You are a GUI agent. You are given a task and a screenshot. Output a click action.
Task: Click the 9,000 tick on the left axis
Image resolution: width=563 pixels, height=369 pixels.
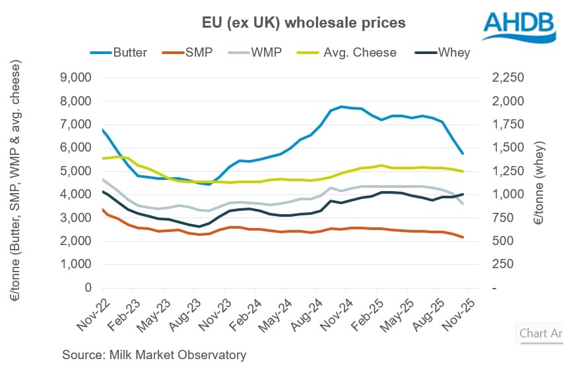[x=78, y=78]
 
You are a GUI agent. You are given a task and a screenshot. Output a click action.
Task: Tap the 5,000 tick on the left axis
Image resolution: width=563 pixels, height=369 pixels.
[x=78, y=171]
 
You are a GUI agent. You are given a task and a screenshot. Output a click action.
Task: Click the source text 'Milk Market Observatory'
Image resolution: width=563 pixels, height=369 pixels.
[x=154, y=355]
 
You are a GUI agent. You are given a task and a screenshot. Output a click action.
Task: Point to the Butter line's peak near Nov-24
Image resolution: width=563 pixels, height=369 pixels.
[x=341, y=106]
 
